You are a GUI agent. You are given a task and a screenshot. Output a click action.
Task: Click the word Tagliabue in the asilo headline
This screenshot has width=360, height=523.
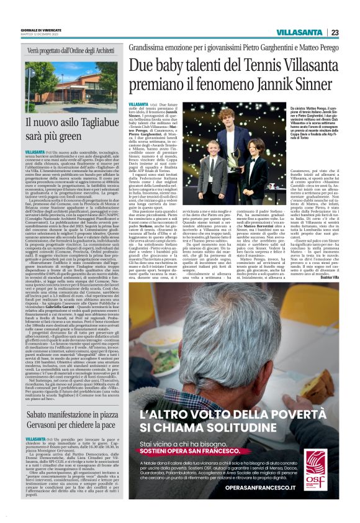point(97,123)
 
